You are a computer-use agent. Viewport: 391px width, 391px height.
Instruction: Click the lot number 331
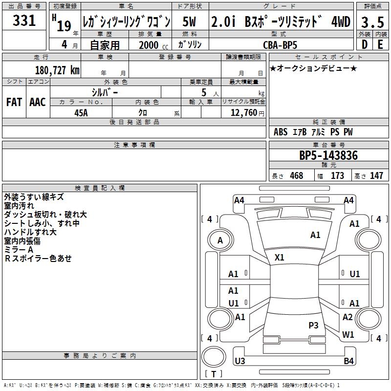pyautogui.click(x=24, y=21)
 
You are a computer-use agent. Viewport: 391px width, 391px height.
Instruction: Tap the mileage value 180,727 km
pyautogui.click(x=57, y=70)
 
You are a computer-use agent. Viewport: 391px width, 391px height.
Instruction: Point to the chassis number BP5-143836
pyautogui.click(x=328, y=155)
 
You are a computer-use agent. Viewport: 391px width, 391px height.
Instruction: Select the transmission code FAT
pyautogui.click(x=14, y=102)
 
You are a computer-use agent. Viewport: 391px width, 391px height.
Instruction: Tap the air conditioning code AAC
pyautogui.click(x=37, y=102)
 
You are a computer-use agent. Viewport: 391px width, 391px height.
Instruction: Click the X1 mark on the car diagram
pyautogui.click(x=280, y=257)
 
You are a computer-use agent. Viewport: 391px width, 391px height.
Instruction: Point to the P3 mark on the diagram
pyautogui.click(x=313, y=325)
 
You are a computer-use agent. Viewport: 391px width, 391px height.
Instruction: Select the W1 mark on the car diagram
pyautogui.click(x=348, y=335)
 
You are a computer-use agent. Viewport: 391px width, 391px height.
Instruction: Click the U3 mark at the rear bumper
pyautogui.click(x=239, y=361)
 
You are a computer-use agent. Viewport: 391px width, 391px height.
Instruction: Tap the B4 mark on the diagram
pyautogui.click(x=348, y=361)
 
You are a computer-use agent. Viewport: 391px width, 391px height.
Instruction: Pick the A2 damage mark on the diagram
pyautogui.click(x=348, y=317)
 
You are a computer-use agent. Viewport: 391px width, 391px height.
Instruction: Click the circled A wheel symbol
pyautogui.click(x=220, y=240)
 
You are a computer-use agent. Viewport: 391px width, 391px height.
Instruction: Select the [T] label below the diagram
pyautogui.click(x=214, y=374)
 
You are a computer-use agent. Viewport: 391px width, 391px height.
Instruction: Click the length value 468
pyautogui.click(x=296, y=176)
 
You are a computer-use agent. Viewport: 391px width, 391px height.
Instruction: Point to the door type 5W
pyautogui.click(x=190, y=22)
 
